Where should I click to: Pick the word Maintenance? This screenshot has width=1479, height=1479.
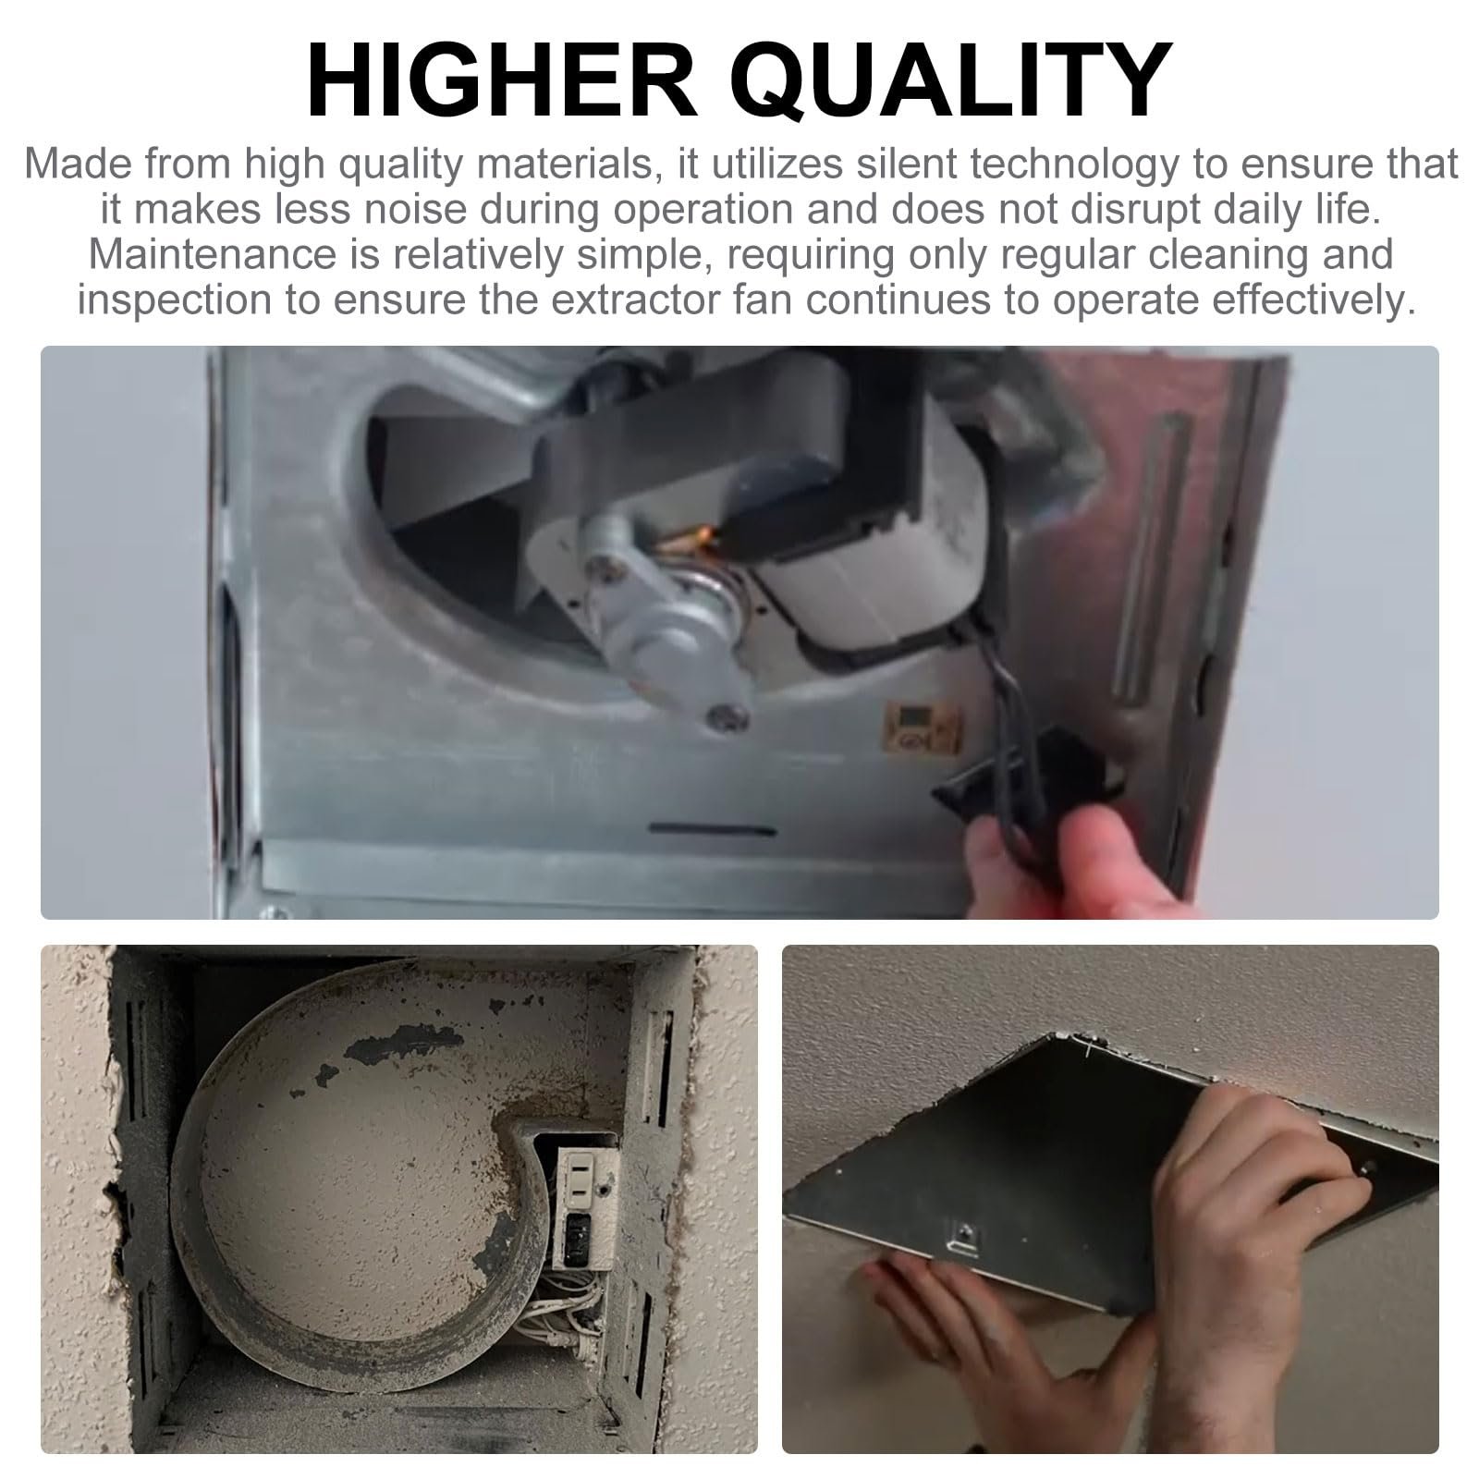(212, 254)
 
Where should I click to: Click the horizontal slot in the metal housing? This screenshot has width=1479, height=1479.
(712, 828)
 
